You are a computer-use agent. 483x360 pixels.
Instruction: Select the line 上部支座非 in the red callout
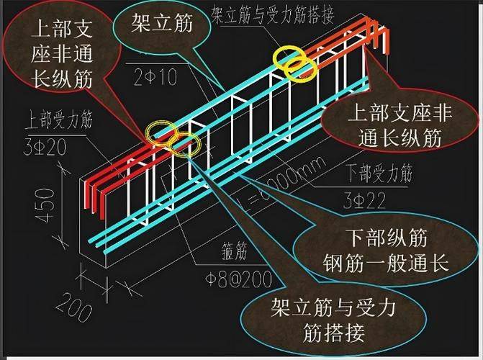coord(392,112)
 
